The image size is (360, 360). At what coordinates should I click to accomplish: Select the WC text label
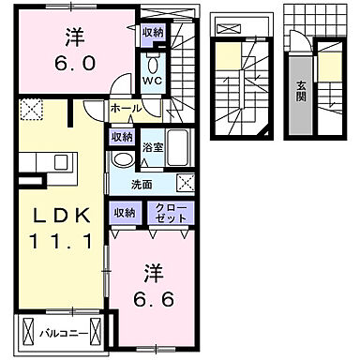tap(151, 82)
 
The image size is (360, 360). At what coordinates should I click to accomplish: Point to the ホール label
tap(125, 109)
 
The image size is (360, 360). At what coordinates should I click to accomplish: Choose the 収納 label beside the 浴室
tap(121, 138)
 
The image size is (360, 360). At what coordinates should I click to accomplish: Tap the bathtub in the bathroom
tap(182, 147)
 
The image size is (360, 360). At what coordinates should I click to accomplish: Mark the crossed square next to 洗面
tap(187, 183)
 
